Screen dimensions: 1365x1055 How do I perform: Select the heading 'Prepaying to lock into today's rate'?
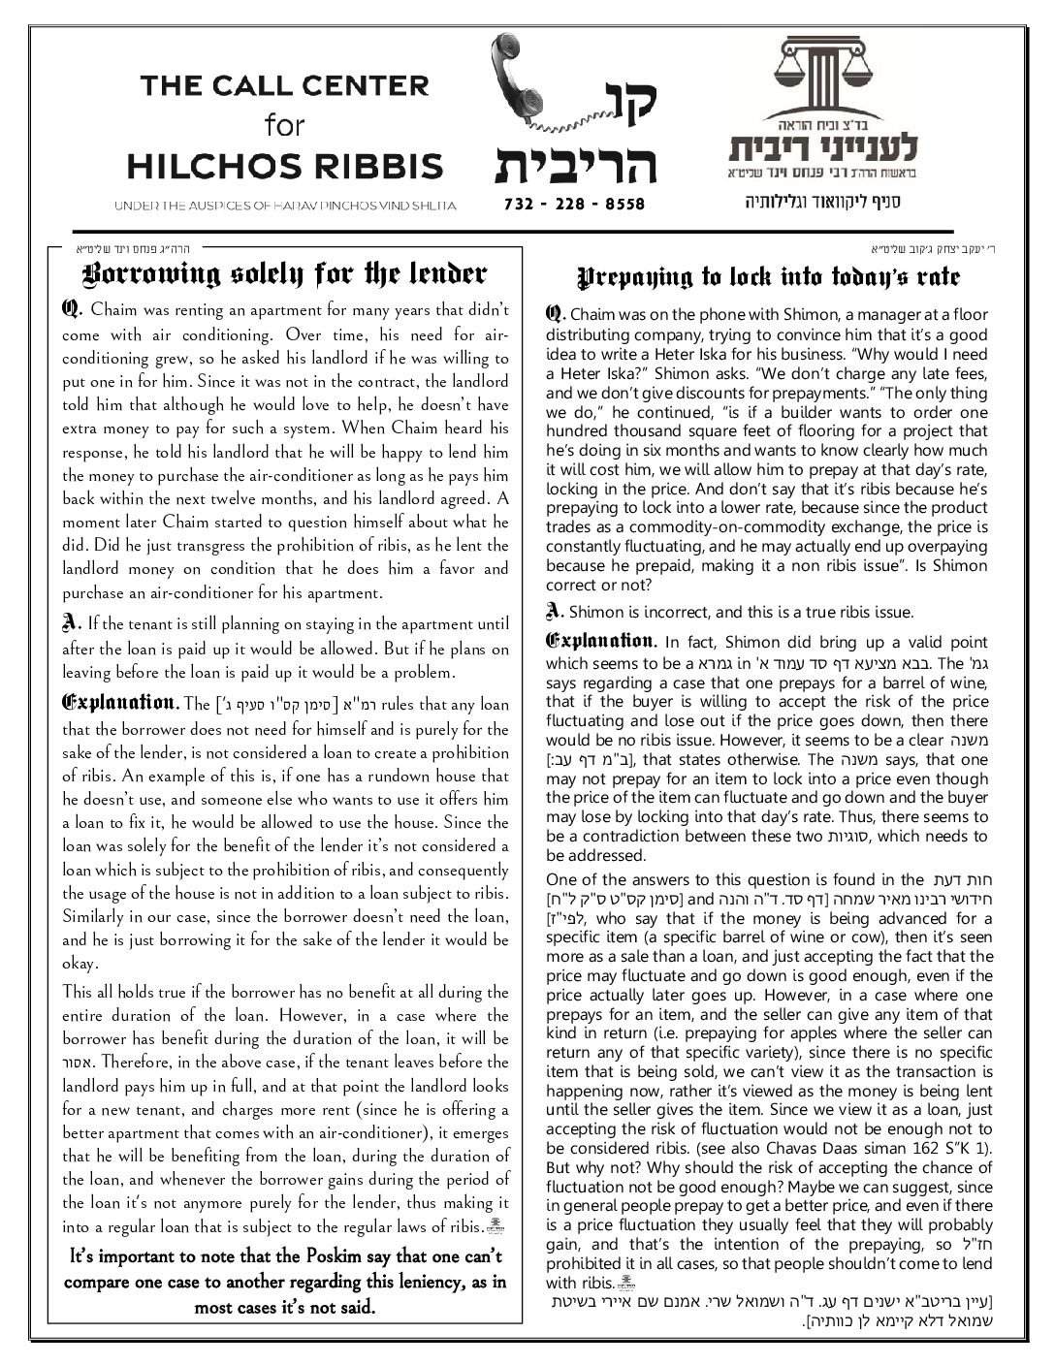click(x=769, y=277)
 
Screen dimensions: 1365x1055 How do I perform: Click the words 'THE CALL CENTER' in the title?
click(x=284, y=85)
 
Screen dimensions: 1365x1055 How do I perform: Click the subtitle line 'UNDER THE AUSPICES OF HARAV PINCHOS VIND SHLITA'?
click(x=284, y=206)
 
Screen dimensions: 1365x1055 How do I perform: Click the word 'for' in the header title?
click(x=284, y=125)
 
